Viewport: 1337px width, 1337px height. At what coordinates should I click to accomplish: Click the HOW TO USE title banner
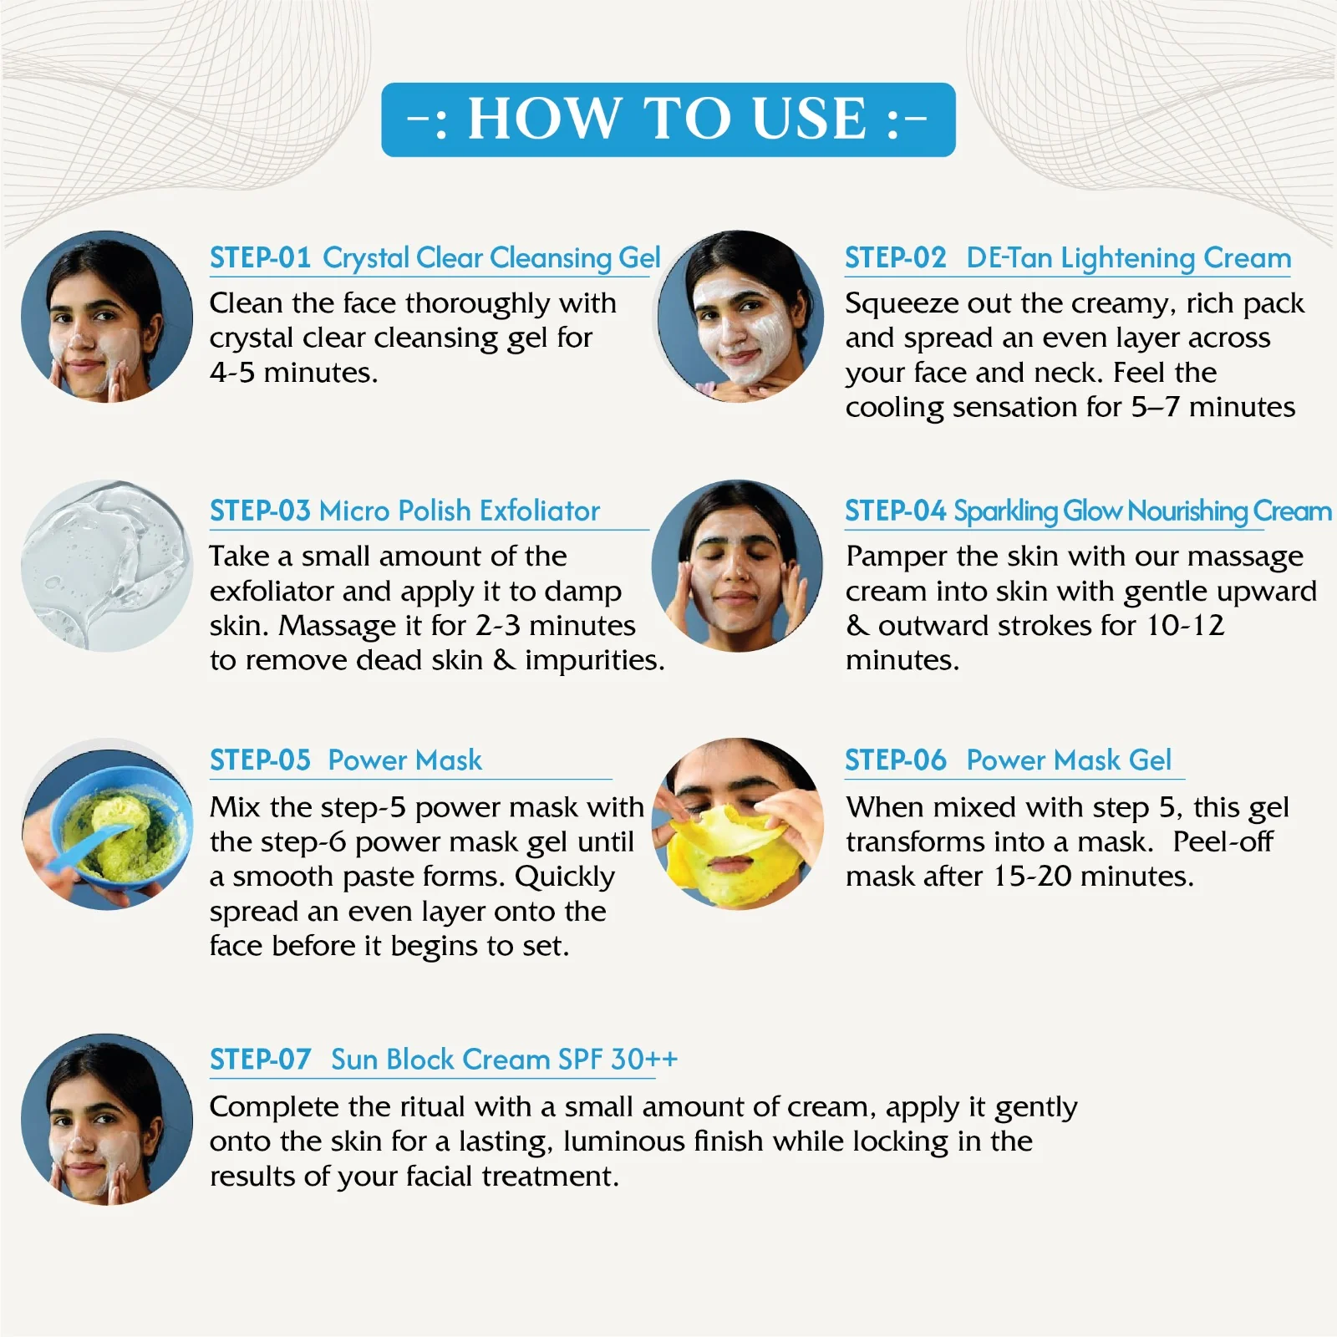[668, 119]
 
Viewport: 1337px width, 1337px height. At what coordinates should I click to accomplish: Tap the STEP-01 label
[260, 257]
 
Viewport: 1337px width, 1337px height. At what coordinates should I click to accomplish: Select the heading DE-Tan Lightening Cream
[1128, 258]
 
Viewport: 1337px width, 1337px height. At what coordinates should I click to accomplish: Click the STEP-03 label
[260, 511]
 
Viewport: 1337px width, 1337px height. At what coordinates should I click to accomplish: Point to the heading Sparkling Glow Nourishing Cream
[1142, 511]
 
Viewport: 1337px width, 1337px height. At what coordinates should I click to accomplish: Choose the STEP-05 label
[260, 760]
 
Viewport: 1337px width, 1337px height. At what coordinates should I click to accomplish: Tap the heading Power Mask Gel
[1069, 760]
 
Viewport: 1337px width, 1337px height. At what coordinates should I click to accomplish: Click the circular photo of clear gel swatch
[106, 566]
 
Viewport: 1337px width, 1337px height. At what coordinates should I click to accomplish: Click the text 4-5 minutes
[293, 373]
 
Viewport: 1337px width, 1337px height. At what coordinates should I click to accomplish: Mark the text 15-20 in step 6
[1032, 876]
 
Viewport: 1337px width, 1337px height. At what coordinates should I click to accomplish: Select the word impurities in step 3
[594, 661]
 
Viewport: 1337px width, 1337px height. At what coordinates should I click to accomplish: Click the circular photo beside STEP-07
[106, 1119]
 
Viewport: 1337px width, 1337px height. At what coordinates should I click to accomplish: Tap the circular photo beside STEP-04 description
[737, 566]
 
